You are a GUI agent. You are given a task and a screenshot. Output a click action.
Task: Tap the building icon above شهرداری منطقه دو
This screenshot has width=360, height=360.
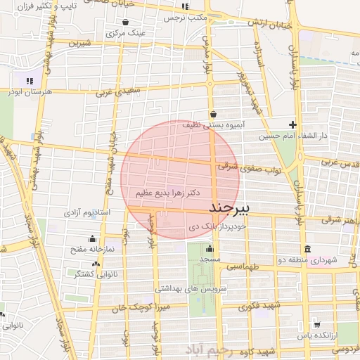[308, 250]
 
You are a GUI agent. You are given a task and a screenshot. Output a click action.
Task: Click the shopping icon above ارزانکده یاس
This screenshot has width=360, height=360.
[318, 324]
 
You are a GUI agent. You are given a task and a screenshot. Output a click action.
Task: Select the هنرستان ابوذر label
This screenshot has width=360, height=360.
[27, 91]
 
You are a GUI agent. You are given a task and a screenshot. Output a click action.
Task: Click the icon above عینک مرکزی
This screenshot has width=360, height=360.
[125, 22]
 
